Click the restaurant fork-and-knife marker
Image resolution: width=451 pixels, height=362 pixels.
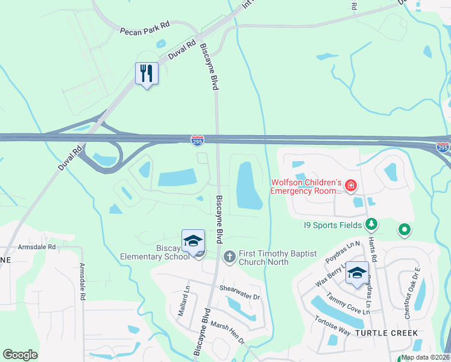pyautogui.click(x=147, y=74)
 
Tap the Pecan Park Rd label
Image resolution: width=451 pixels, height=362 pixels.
pyautogui.click(x=145, y=30)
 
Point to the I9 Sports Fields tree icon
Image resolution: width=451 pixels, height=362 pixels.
pyautogui.click(x=372, y=224)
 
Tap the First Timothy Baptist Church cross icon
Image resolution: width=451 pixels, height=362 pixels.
pyautogui.click(x=229, y=258)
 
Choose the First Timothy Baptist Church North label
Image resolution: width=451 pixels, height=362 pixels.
pyautogui.click(x=278, y=258)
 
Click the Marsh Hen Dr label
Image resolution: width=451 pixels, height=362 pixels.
pyautogui.click(x=228, y=332)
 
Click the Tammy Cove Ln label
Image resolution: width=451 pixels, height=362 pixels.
pyautogui.click(x=347, y=303)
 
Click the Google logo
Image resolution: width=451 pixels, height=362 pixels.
pyautogui.click(x=20, y=354)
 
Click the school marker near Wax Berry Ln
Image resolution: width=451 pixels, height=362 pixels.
pyautogui.click(x=357, y=274)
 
